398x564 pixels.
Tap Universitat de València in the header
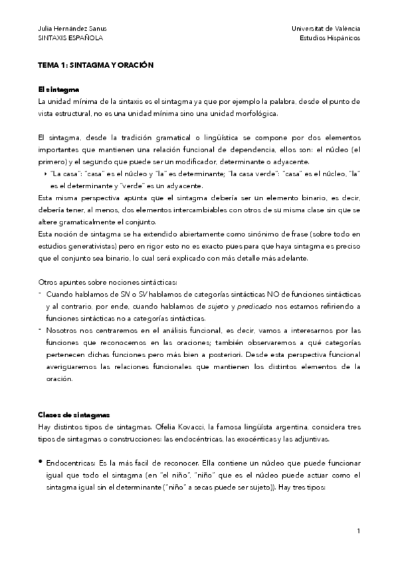[x=326, y=29]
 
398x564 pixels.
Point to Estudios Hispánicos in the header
[x=330, y=38]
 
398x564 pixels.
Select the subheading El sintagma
[x=58, y=90]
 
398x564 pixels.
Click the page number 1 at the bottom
[x=357, y=531]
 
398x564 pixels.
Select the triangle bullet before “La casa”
[x=45, y=175]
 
